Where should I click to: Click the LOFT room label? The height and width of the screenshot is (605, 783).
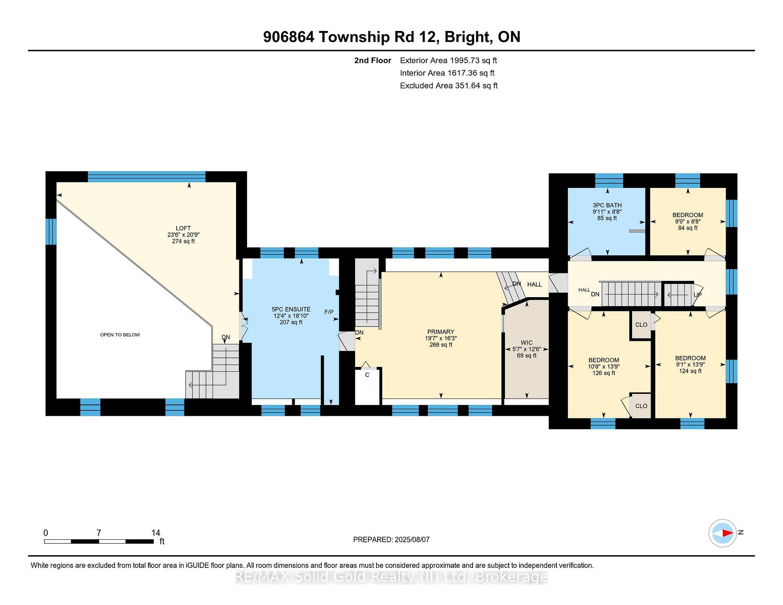click(x=183, y=228)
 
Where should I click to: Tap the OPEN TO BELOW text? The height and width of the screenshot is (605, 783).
click(x=120, y=335)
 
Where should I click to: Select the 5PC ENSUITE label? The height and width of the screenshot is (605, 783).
click(x=291, y=309)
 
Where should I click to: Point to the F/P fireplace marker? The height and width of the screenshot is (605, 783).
click(x=329, y=312)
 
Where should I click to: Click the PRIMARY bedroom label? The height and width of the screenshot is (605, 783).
click(x=440, y=332)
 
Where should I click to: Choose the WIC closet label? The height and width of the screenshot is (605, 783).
click(x=526, y=343)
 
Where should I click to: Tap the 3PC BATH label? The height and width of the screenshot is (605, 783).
click(x=607, y=205)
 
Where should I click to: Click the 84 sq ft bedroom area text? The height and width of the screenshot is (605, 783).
click(x=688, y=228)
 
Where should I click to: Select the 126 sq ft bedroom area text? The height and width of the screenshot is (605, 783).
click(x=604, y=373)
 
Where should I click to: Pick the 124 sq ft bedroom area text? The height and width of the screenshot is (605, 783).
click(x=690, y=371)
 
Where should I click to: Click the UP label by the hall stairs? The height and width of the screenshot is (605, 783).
click(x=698, y=295)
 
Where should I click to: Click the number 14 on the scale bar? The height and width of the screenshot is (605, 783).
click(x=156, y=533)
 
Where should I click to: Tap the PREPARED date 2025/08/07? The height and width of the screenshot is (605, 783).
click(x=412, y=539)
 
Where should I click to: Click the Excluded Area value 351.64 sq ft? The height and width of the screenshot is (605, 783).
click(x=474, y=86)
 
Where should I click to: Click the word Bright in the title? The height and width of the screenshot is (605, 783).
click(x=467, y=37)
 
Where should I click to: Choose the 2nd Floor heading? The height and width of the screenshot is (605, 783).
click(x=372, y=60)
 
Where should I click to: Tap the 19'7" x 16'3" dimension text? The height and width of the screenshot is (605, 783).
click(x=440, y=338)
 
